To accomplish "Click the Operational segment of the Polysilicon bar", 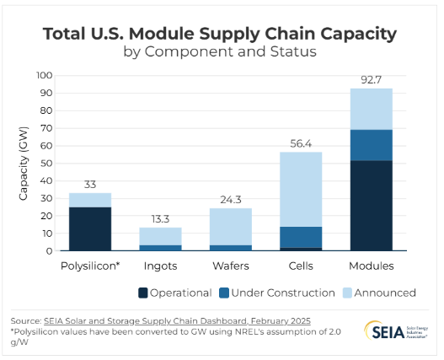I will (x=90, y=228).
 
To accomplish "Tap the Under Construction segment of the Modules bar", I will (x=371, y=144).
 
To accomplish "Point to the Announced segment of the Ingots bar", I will (x=160, y=235).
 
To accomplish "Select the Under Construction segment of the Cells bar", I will (x=301, y=237).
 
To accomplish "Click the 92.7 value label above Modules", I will (x=371, y=79).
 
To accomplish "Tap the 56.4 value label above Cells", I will (x=301, y=142).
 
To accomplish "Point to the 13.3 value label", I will (x=160, y=218).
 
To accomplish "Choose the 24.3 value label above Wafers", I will (x=230, y=199).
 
